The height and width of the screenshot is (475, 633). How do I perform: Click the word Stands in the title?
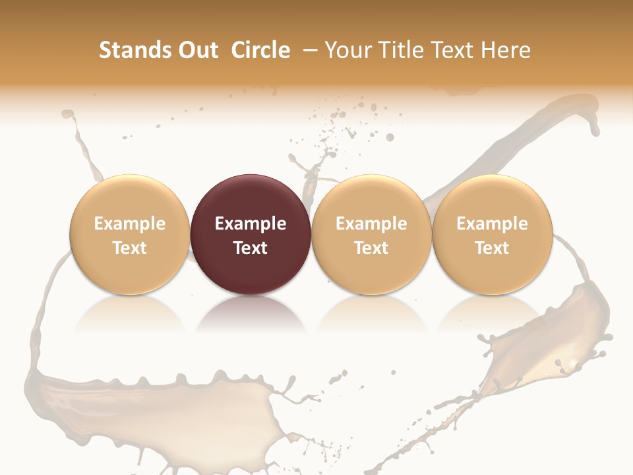(131, 50)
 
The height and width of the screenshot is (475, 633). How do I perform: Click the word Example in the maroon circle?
(251, 224)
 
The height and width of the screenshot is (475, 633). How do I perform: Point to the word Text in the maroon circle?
(251, 248)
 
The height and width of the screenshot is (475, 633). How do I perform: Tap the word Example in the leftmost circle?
(129, 224)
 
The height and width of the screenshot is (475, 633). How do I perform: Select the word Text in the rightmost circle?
(493, 248)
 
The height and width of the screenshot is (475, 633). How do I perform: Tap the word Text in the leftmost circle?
(129, 248)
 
